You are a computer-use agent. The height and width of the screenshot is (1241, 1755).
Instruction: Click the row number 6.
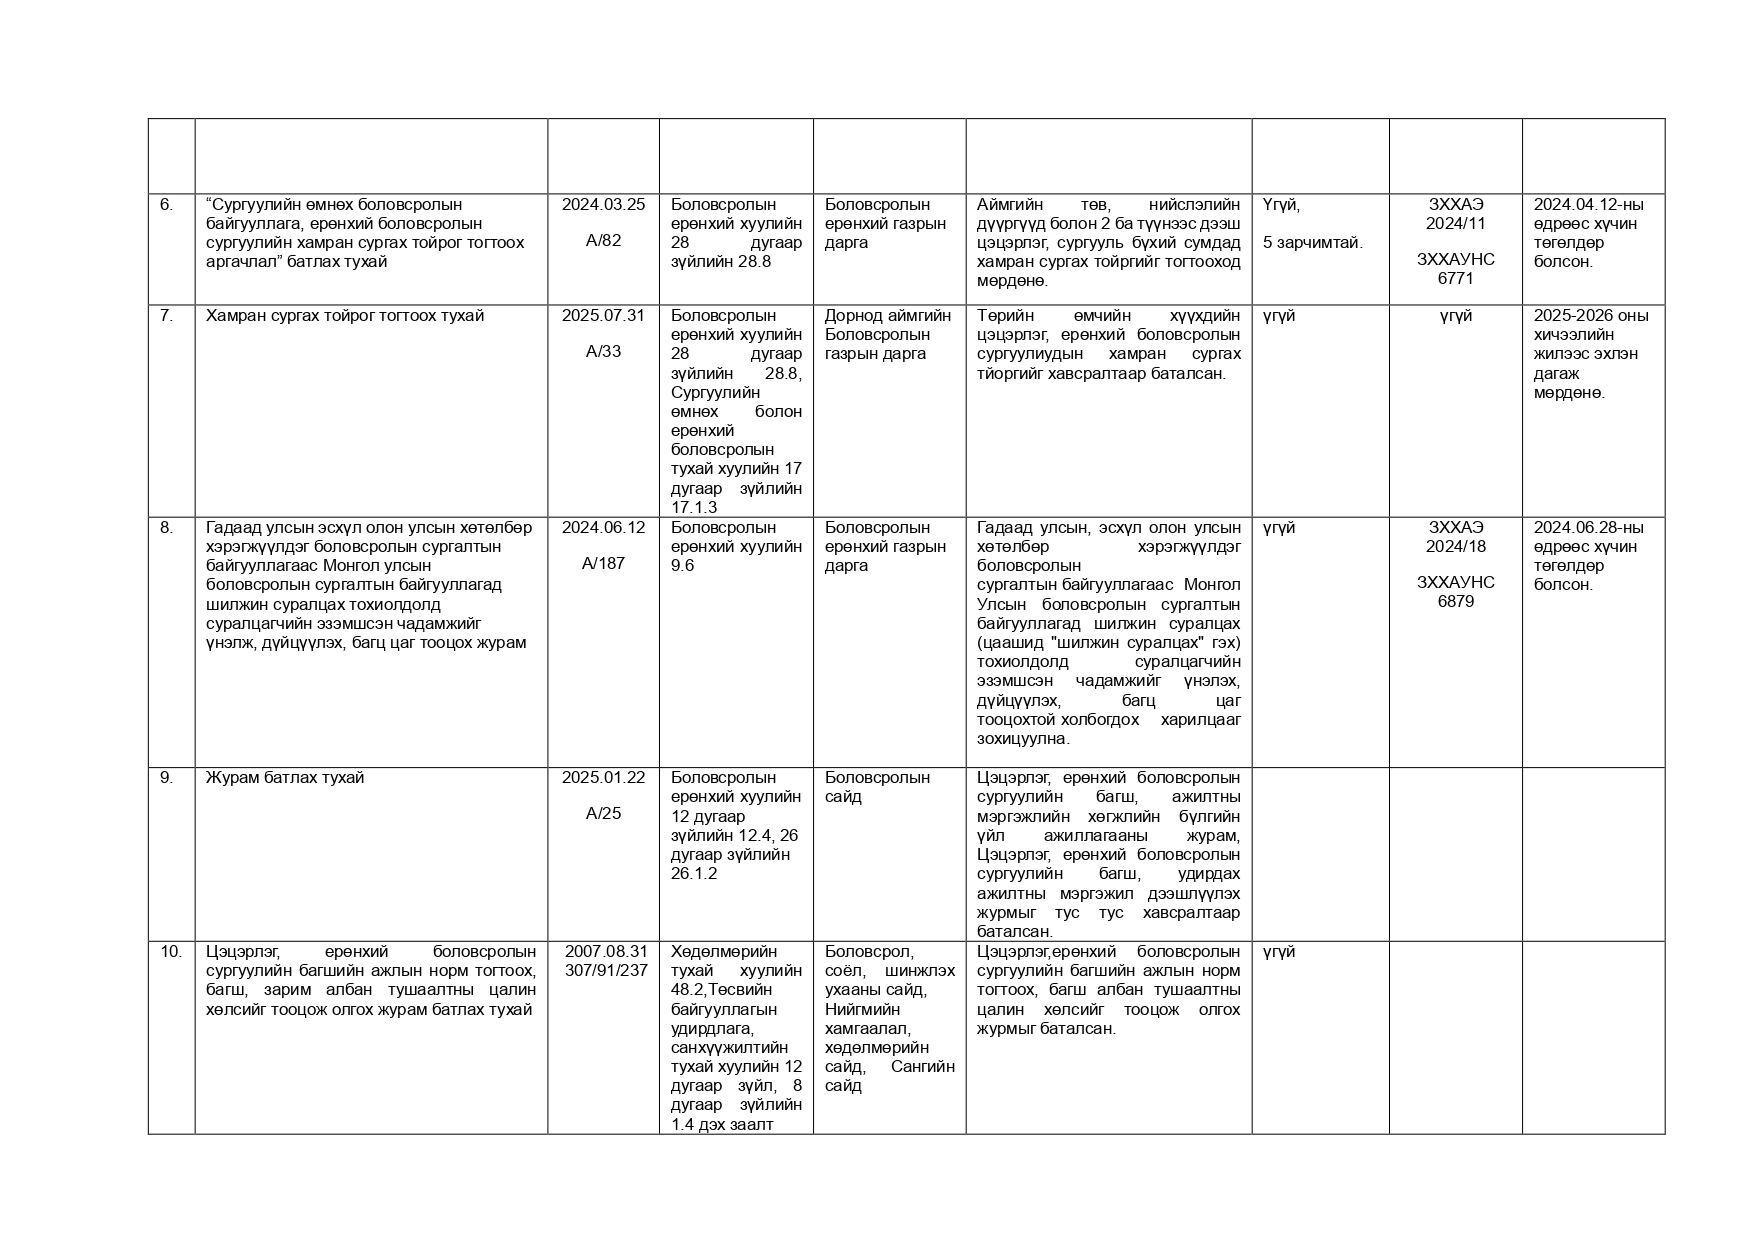(166, 205)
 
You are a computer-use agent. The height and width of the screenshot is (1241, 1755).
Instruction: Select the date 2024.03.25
(603, 205)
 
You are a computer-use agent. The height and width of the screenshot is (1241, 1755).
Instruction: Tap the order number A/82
(603, 241)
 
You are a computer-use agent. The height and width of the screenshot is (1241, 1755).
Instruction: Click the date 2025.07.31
(603, 316)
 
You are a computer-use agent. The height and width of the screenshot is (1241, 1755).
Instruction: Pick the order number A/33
(603, 352)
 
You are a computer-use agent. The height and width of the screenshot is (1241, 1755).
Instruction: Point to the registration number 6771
(1455, 279)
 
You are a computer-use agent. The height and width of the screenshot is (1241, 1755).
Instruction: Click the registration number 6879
(1455, 602)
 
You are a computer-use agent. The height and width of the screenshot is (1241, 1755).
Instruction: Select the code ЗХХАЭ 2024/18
(1455, 537)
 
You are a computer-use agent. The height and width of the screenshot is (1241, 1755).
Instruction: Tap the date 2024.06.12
(603, 528)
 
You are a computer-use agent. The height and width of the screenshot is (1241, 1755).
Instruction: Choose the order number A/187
(603, 564)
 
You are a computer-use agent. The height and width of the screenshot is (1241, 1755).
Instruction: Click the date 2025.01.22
(603, 778)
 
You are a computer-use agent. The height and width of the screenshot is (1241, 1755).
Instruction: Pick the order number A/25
(603, 814)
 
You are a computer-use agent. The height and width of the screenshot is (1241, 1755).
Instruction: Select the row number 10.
(171, 952)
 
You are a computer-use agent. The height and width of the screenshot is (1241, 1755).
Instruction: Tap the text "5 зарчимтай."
(1312, 243)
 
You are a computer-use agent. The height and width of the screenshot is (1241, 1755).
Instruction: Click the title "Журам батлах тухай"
(285, 778)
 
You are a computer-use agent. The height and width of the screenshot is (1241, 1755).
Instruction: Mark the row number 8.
(166, 528)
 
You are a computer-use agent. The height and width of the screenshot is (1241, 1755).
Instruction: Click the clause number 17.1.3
(694, 508)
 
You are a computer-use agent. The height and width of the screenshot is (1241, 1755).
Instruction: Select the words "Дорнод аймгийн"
(887, 316)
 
